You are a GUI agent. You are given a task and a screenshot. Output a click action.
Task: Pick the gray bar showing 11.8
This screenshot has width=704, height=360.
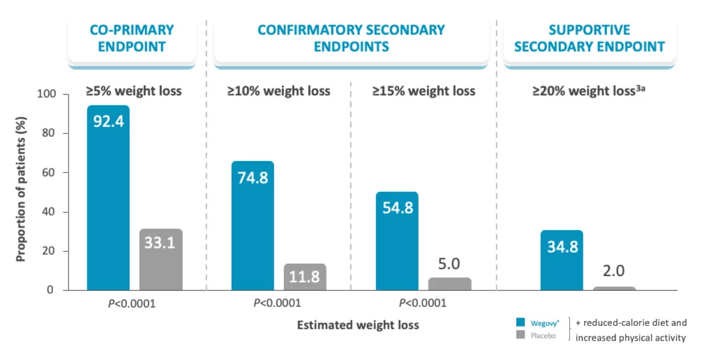(305, 277)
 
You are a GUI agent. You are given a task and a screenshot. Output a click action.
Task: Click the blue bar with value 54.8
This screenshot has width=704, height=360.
(397, 241)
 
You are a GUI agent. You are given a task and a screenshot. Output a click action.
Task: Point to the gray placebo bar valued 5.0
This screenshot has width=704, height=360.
(449, 284)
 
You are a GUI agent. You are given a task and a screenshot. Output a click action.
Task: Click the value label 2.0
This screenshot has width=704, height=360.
(614, 270)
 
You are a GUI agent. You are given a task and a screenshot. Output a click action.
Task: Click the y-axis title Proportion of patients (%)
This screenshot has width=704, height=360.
(21, 193)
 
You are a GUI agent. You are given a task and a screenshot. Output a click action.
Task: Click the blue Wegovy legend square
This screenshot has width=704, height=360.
(520, 322)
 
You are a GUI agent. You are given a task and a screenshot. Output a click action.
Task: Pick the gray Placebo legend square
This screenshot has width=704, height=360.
(520, 336)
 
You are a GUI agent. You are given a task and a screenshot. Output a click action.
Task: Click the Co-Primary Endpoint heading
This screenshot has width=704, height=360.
(132, 38)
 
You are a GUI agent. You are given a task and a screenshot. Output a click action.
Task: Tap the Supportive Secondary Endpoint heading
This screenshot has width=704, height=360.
(589, 38)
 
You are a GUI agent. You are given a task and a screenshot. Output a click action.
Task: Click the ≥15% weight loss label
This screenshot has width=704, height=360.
(424, 91)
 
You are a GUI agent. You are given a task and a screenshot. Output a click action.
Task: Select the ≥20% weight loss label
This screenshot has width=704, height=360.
(586, 91)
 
